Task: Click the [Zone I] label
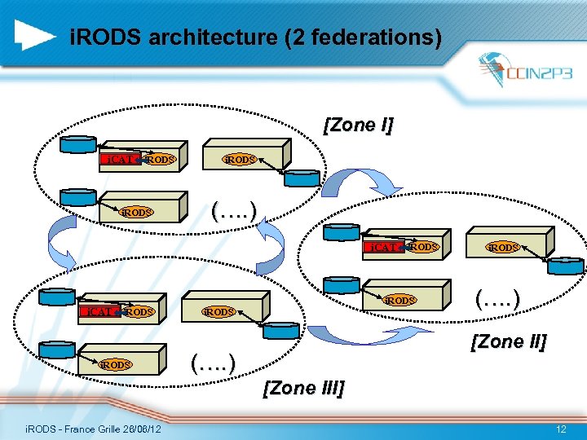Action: [x=358, y=125]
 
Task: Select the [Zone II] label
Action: [x=507, y=341]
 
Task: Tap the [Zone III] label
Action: [x=303, y=387]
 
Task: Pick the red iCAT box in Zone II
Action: [x=382, y=247]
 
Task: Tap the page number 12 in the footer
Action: [x=560, y=429]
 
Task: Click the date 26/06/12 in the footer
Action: [x=139, y=429]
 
